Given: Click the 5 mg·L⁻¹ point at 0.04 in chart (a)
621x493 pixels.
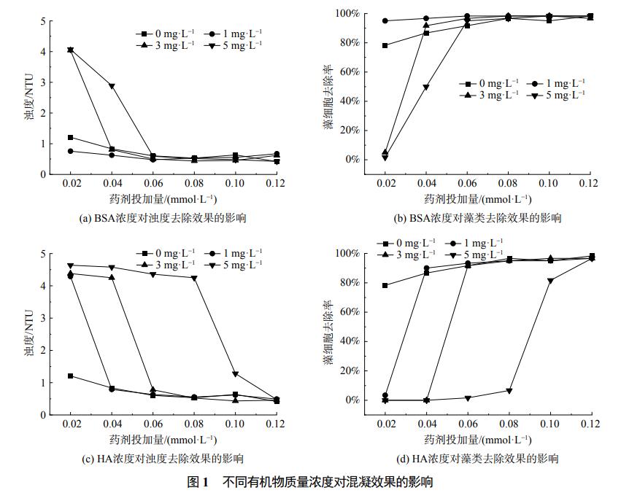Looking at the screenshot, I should point(112,86).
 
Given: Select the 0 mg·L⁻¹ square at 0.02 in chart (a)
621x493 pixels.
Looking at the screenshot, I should point(71,137).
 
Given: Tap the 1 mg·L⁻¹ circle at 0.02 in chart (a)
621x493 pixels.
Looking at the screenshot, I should point(71,151).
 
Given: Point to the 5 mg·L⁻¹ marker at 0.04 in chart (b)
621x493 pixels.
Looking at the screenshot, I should point(426,88).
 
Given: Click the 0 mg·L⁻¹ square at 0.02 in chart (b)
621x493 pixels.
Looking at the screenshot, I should point(385,45).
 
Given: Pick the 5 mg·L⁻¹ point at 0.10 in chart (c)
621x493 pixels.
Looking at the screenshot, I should point(235,374).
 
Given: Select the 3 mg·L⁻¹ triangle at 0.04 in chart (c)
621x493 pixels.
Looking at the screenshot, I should point(112,277).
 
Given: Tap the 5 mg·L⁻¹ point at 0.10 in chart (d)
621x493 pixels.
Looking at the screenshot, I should point(550,281).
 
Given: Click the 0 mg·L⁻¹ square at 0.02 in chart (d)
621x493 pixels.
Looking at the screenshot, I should point(385,285).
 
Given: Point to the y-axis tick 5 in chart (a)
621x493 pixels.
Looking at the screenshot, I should point(42,21).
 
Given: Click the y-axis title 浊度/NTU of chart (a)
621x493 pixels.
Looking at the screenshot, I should point(29,97).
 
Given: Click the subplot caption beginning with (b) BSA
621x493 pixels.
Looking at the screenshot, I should point(478,218).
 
